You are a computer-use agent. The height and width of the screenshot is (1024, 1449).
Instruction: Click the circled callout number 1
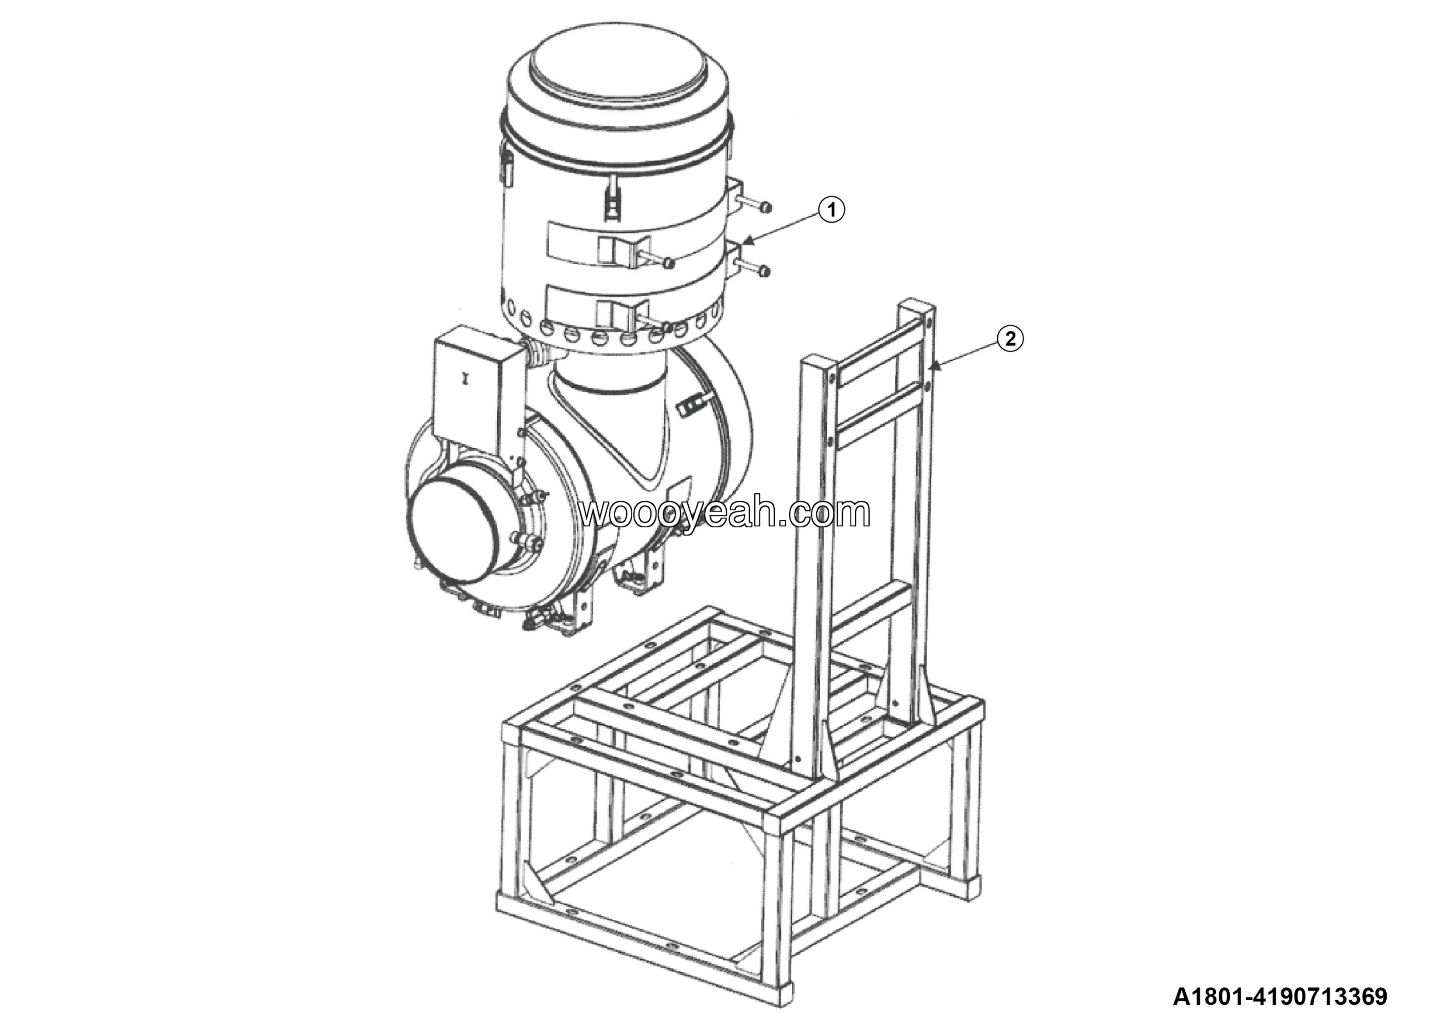click(832, 210)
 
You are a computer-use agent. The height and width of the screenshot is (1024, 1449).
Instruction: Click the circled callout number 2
click(1010, 339)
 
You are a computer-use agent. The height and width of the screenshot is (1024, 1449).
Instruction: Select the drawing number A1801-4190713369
click(1280, 996)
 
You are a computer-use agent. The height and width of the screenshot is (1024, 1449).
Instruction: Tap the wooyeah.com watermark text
click(724, 513)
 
